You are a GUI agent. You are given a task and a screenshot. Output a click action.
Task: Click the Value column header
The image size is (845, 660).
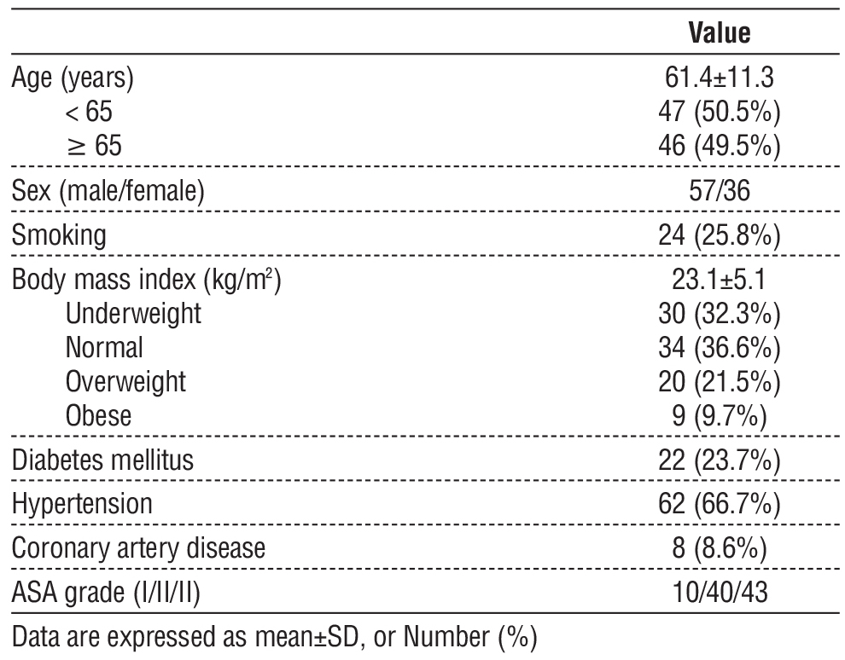[719, 34]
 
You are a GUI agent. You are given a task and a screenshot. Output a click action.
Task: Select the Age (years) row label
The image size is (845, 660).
[73, 79]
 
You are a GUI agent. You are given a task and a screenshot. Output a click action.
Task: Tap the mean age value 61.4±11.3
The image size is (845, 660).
[720, 79]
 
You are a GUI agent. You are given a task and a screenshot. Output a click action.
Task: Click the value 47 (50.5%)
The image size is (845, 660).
[720, 113]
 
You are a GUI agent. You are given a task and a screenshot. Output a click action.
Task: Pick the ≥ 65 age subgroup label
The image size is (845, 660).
[94, 146]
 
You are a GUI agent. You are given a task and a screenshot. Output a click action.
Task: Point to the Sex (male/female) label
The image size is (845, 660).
[108, 191]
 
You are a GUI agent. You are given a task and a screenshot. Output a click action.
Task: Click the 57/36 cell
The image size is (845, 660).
[720, 191]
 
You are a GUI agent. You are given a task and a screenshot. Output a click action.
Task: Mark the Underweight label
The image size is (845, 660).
[133, 314]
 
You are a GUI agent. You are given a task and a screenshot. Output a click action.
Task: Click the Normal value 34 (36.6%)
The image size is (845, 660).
[720, 347]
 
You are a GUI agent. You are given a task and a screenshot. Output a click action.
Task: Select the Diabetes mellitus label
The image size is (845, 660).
[102, 460]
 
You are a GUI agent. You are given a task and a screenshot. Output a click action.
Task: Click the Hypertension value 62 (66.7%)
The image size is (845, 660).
[720, 505]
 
